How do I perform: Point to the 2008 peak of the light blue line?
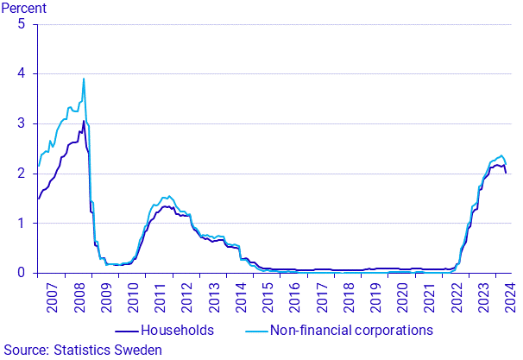[x=84, y=79]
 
